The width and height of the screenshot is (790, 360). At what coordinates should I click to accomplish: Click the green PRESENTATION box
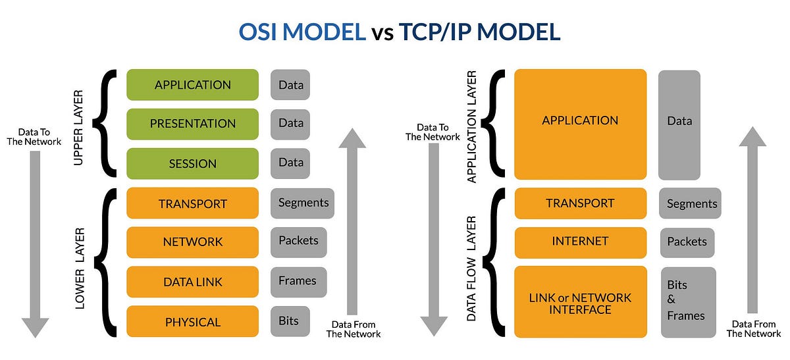pyautogui.click(x=192, y=124)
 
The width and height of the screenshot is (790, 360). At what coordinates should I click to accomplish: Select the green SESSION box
pyautogui.click(x=192, y=163)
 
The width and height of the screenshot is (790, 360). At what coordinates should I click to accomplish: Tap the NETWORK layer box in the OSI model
pyautogui.click(x=192, y=242)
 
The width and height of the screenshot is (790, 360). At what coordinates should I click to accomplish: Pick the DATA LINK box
pyautogui.click(x=192, y=282)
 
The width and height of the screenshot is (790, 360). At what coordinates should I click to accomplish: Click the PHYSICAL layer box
pyautogui.click(x=192, y=322)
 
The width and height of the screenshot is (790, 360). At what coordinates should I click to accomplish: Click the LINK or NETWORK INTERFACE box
pyautogui.click(x=580, y=303)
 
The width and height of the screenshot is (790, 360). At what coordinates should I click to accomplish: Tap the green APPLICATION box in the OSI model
pyautogui.click(x=192, y=85)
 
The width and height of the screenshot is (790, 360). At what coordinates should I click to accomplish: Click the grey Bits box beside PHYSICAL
pyautogui.click(x=289, y=321)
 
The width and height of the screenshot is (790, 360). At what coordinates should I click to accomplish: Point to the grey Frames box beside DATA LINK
pyautogui.click(x=298, y=281)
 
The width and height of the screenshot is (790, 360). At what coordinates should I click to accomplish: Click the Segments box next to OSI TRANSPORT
pyautogui.click(x=302, y=203)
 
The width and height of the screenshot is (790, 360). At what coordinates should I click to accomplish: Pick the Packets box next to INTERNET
pyautogui.click(x=687, y=242)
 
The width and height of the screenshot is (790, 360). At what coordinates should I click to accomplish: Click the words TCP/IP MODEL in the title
pyautogui.click(x=479, y=32)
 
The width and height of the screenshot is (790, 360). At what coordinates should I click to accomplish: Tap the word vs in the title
pyautogui.click(x=382, y=32)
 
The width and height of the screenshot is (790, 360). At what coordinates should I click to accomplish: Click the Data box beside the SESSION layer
pyautogui.click(x=290, y=163)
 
